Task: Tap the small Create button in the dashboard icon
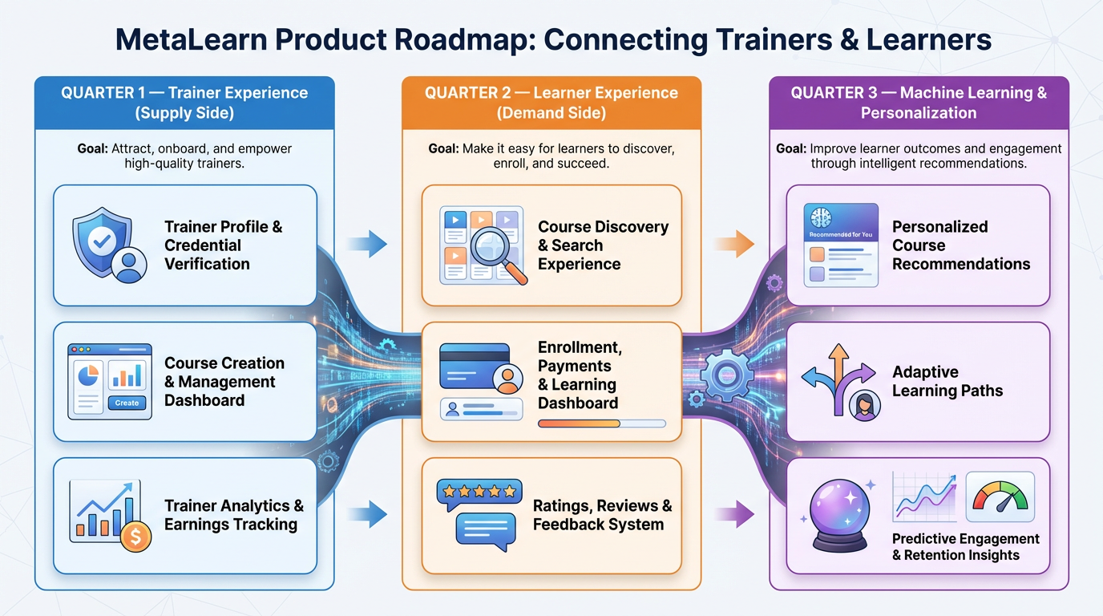[x=127, y=403]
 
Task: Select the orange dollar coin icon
[x=135, y=537]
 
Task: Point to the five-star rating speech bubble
[x=479, y=492]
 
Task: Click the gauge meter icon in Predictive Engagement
[x=1000, y=495]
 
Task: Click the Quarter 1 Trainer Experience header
[x=184, y=103]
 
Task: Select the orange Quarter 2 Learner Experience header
[x=551, y=103]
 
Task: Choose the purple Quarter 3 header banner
[x=919, y=103]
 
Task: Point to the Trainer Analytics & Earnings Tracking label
[x=234, y=515]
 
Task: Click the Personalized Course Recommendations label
[x=961, y=245]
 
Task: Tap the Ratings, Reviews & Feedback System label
[x=602, y=515]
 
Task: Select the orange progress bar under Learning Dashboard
[x=579, y=423]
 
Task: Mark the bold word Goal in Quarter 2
[x=444, y=149]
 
